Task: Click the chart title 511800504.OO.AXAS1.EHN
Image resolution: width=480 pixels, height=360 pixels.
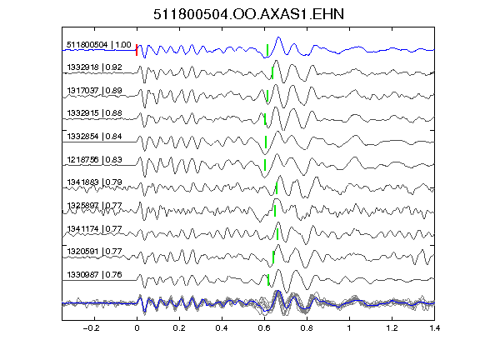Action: (x=248, y=14)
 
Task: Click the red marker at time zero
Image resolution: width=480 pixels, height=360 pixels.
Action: (x=137, y=50)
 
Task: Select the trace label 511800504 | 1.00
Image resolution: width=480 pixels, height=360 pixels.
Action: (x=99, y=45)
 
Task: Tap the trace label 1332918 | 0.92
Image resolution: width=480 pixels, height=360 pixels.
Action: (x=95, y=67)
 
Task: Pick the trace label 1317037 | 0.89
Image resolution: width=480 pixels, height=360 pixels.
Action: (x=95, y=91)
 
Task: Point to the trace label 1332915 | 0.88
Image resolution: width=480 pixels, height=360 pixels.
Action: (x=95, y=113)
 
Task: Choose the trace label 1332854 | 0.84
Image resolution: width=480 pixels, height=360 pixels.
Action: (x=95, y=136)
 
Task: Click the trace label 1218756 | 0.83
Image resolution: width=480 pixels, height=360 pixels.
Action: (x=95, y=159)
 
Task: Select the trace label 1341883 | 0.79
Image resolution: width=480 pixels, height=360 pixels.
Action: (x=95, y=182)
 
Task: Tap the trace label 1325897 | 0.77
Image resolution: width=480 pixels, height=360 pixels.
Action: (x=95, y=205)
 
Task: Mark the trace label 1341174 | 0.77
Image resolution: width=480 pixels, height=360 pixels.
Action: (x=95, y=228)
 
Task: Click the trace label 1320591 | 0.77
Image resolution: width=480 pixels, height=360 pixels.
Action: (x=95, y=252)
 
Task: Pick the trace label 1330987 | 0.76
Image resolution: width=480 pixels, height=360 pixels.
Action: (x=95, y=275)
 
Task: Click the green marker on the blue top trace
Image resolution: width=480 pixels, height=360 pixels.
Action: (x=267, y=50)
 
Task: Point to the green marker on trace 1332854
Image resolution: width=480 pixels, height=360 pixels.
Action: (x=266, y=142)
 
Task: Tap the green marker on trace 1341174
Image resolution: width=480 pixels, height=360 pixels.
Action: (x=277, y=234)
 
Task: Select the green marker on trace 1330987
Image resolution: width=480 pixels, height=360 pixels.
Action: (x=268, y=280)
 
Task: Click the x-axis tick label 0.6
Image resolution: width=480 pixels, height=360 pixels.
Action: (x=264, y=328)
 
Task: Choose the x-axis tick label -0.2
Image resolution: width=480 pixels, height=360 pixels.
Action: (x=91, y=328)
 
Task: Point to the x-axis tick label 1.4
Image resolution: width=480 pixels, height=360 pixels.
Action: (x=434, y=328)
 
